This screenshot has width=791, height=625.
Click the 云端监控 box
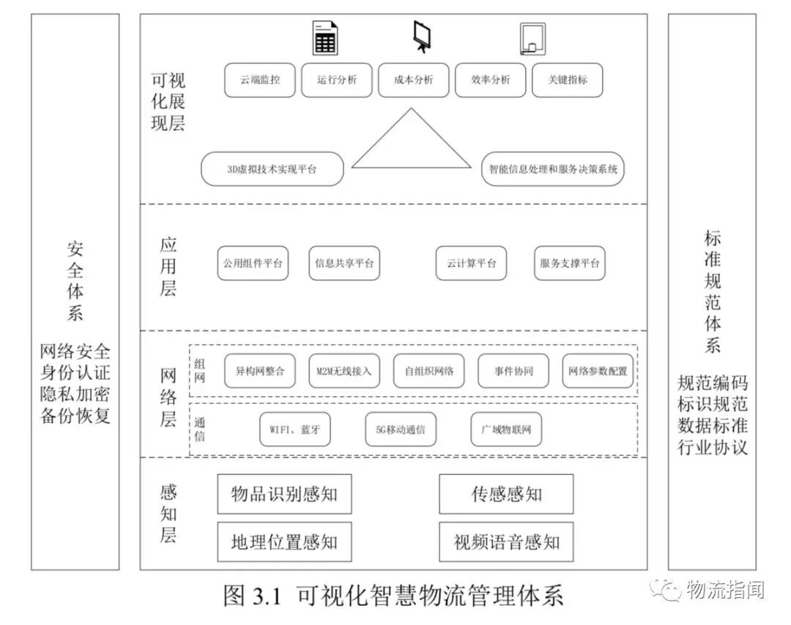point(259,80)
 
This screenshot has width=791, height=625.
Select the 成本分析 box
point(413,80)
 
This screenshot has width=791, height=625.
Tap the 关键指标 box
point(567,80)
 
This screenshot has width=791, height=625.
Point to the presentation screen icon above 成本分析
point(422,36)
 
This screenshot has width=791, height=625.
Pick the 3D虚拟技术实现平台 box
point(272,169)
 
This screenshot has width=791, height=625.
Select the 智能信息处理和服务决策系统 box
point(554,169)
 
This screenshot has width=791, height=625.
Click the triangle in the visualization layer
point(412,143)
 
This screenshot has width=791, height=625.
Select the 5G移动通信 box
point(400,430)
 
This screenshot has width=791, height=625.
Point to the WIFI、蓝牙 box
point(295,430)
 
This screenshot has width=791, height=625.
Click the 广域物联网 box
point(506,430)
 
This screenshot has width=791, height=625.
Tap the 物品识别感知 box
point(284,494)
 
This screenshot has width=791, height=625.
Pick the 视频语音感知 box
point(506,542)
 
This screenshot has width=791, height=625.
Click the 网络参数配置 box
point(597,371)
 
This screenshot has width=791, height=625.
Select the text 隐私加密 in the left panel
point(75,394)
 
